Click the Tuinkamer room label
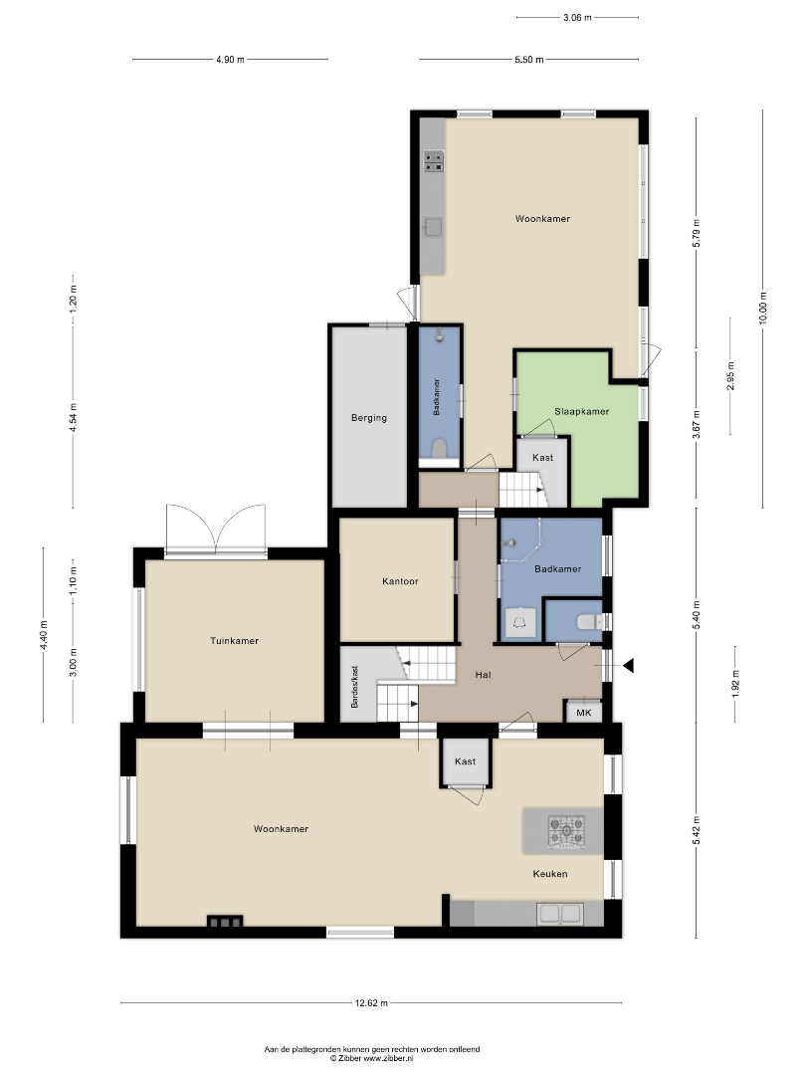coord(235,641)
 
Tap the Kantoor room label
coord(400,581)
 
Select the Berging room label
coord(369,417)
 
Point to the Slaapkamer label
coord(582,411)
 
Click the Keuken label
coord(550,874)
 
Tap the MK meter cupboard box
coord(584,713)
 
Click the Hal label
coord(484,675)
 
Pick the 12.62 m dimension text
coord(371,1003)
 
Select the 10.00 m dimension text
coord(763,309)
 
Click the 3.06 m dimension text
coord(577,18)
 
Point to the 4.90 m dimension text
coord(230,60)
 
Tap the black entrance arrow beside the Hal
coord(628,665)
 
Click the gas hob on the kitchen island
coord(567,829)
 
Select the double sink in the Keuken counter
coord(560,914)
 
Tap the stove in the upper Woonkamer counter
coord(433,161)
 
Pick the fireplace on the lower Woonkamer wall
coord(226,922)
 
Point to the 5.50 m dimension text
coord(529,60)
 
